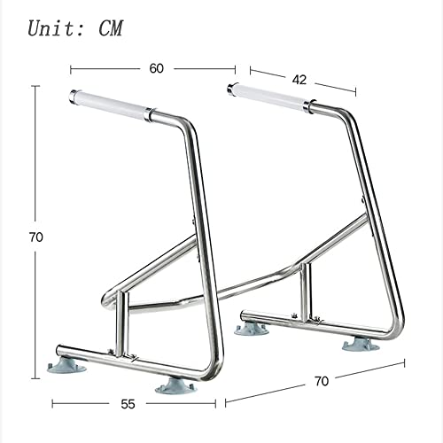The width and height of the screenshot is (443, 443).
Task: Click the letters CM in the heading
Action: (x=110, y=28)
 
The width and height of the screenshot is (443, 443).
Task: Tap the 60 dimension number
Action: (x=156, y=68)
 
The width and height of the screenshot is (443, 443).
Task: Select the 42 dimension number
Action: (x=299, y=80)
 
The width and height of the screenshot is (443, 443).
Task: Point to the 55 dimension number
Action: (x=128, y=404)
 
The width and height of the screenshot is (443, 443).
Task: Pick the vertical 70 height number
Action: (x=35, y=237)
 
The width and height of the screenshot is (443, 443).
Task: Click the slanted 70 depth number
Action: (x=322, y=381)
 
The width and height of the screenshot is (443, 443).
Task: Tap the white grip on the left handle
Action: (x=112, y=106)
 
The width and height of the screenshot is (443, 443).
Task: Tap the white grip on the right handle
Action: (x=269, y=97)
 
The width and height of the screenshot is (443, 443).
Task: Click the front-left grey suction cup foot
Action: (x=66, y=366)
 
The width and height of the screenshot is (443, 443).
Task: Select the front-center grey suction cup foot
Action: (x=176, y=386)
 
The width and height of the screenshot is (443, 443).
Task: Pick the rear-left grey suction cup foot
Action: (x=252, y=330)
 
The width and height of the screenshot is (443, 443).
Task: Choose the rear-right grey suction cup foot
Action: (x=361, y=345)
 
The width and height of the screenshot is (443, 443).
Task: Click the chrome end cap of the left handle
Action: (x=73, y=97)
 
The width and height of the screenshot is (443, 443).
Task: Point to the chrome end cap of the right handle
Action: (x=230, y=89)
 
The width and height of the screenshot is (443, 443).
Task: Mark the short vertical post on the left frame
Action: (x=122, y=323)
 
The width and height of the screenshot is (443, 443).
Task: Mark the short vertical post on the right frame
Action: (x=306, y=292)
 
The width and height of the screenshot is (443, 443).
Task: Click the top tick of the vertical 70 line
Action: (x=35, y=86)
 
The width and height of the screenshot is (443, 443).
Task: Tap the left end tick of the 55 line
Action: (x=52, y=404)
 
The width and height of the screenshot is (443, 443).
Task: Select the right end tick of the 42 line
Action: (x=355, y=92)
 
